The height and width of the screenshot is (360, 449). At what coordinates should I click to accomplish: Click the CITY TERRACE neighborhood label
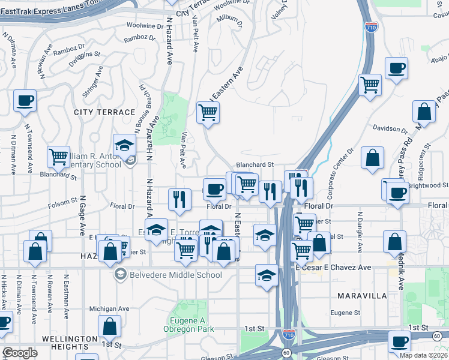(104, 112)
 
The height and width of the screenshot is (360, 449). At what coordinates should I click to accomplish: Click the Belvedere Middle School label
(175, 275)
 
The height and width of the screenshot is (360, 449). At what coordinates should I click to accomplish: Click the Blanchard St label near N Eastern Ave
(255, 164)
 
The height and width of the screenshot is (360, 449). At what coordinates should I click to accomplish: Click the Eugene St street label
(345, 313)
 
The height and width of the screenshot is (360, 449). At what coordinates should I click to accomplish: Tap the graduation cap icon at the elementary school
(125, 145)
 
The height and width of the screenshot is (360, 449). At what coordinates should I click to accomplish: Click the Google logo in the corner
(20, 353)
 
